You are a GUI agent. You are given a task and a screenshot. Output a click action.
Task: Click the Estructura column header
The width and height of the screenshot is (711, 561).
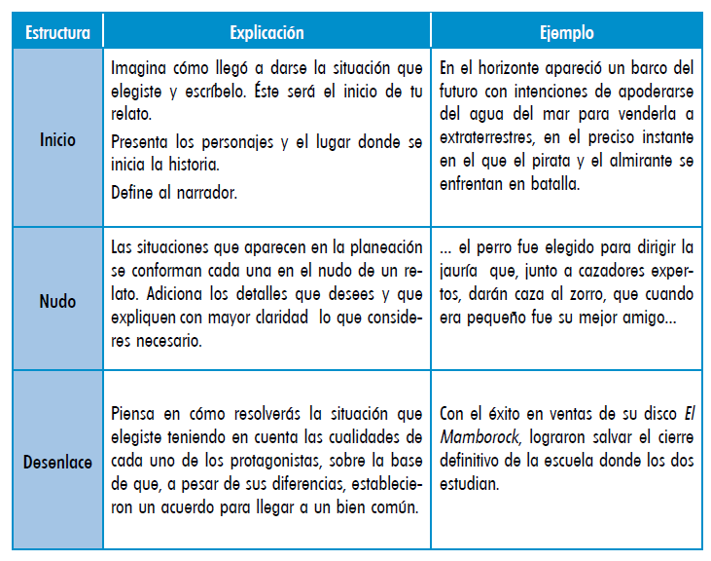point(57,33)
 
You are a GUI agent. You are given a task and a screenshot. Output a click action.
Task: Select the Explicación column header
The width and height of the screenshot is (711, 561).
point(266,33)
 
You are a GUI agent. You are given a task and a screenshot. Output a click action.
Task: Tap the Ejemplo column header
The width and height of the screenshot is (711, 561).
point(566,33)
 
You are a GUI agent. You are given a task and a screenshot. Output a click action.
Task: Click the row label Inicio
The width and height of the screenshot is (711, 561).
point(57,140)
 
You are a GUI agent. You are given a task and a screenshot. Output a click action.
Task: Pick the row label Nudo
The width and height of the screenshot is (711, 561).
point(57,301)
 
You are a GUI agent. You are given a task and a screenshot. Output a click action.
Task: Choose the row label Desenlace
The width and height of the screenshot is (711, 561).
point(57,462)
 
